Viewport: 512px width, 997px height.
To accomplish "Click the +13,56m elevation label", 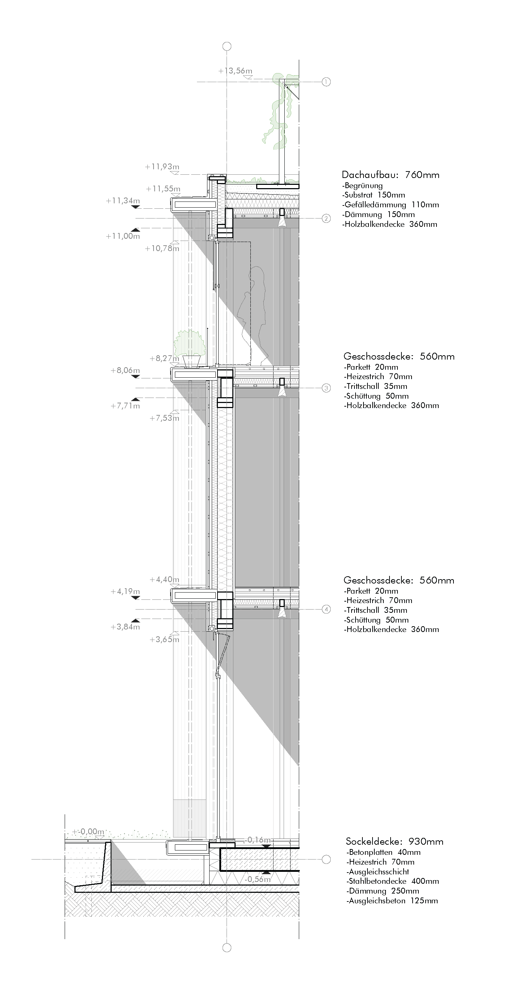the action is coord(235,71).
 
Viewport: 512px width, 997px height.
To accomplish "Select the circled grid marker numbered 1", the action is coord(326,82).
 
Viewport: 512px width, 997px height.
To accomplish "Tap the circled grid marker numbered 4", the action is coord(326,609).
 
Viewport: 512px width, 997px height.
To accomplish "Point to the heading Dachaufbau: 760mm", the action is coord(391,175).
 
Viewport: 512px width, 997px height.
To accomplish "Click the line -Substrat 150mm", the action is coord(374,195).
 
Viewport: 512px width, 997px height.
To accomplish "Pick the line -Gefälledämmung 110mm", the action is coord(391,205).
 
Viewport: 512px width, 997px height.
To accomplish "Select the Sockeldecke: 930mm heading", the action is coord(395,841).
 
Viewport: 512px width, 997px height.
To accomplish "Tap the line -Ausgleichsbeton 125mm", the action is coord(392,901).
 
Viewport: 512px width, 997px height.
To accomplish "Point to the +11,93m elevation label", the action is coord(162,167).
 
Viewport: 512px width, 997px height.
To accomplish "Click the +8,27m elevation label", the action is coord(164,359).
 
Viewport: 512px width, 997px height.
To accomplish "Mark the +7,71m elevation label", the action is coord(125,406).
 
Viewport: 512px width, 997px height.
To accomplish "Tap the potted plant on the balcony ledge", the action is coord(190,348).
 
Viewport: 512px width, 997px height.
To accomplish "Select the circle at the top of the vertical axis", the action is coord(227,46).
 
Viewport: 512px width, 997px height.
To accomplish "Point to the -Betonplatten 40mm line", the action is coord(383,852).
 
